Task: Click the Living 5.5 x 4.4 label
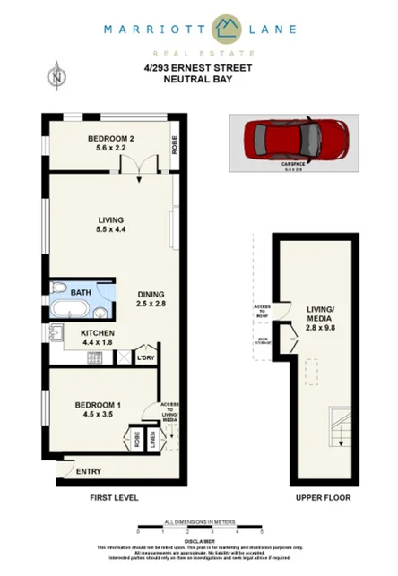click(111, 225)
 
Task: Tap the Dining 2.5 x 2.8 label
click(152, 299)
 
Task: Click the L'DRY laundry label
click(145, 357)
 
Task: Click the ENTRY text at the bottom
click(88, 472)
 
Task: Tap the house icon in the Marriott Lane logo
click(230, 27)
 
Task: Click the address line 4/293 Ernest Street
click(198, 67)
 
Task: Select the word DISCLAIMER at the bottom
click(198, 540)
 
